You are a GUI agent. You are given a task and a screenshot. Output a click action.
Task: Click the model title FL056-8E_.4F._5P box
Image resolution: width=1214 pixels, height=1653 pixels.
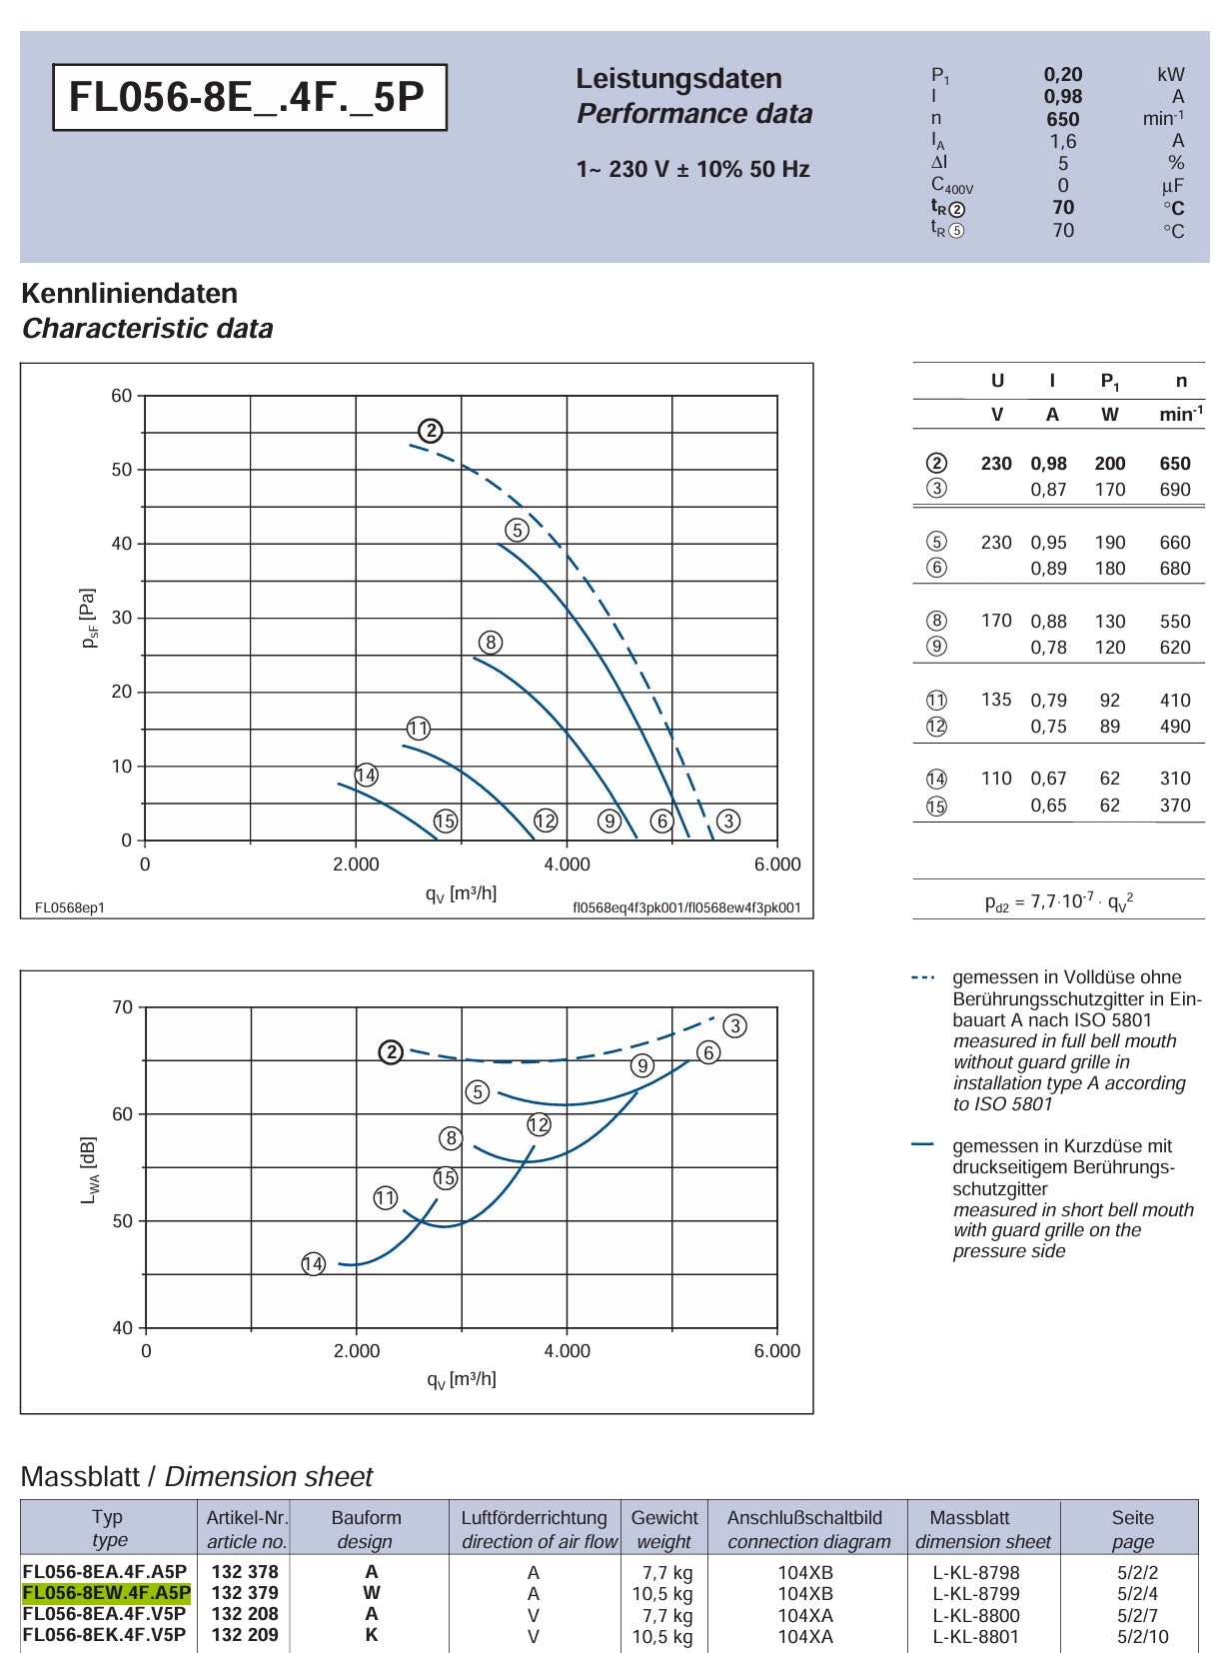tap(250, 97)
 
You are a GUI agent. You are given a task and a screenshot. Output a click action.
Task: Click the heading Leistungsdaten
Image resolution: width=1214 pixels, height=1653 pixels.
tap(678, 79)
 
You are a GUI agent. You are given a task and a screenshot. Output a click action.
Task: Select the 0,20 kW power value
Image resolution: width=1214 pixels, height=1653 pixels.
tap(1063, 75)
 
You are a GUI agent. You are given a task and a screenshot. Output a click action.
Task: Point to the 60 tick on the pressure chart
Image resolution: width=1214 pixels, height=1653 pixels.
tap(122, 396)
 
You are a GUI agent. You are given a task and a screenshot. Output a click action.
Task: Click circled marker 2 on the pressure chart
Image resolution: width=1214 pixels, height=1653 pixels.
tap(431, 430)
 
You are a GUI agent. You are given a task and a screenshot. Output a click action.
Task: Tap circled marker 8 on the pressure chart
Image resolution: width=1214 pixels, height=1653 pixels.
tap(491, 642)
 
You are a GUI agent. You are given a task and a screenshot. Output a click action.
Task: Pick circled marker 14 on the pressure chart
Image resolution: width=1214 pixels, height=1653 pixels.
tap(367, 775)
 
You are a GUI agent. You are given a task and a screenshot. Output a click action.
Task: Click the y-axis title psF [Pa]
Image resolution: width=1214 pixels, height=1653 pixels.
tap(89, 618)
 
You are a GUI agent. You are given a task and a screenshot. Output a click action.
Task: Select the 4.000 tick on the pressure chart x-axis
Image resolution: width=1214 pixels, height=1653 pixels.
tap(567, 864)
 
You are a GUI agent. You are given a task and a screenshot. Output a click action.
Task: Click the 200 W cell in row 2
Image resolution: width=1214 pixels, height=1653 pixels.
tap(1109, 464)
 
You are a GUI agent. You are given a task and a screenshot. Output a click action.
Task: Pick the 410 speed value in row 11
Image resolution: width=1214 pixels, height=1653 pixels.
tap(1175, 700)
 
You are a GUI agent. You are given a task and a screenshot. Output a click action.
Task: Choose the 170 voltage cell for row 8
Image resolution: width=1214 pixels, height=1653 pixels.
tap(996, 621)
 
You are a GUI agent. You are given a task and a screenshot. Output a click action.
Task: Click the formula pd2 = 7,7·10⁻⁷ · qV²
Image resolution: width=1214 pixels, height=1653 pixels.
tap(1059, 901)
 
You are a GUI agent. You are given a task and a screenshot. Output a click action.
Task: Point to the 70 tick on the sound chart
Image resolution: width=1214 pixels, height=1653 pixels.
tap(123, 1007)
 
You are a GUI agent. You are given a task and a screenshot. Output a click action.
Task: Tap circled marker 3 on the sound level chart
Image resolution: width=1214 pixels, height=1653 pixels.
tap(735, 1025)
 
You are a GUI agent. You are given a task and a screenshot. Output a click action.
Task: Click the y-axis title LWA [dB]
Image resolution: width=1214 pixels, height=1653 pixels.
tap(89, 1169)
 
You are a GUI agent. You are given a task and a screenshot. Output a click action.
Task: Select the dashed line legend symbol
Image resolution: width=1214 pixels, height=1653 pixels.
tap(923, 977)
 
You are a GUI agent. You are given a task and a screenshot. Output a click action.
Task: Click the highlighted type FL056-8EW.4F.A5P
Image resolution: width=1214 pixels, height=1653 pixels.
tap(106, 1592)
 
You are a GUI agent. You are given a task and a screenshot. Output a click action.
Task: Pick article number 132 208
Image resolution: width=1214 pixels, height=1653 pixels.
tap(245, 1614)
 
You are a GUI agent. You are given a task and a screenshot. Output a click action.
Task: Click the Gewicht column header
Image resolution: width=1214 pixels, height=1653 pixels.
tap(664, 1517)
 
